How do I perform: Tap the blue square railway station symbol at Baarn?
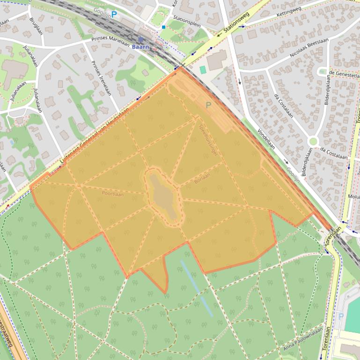pos(140,40)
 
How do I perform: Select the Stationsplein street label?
pos(183,19)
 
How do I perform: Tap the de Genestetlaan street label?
pos(344,74)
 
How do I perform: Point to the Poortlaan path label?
pos(113,193)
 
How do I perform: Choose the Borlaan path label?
pos(202,178)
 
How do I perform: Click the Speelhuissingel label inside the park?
pos(208,139)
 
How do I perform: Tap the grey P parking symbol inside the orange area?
pos(208,105)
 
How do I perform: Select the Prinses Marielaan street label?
pos(110,40)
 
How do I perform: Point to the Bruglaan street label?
pos(36,27)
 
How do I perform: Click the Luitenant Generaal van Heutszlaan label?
pos(94,136)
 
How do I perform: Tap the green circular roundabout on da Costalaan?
pos(313,141)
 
